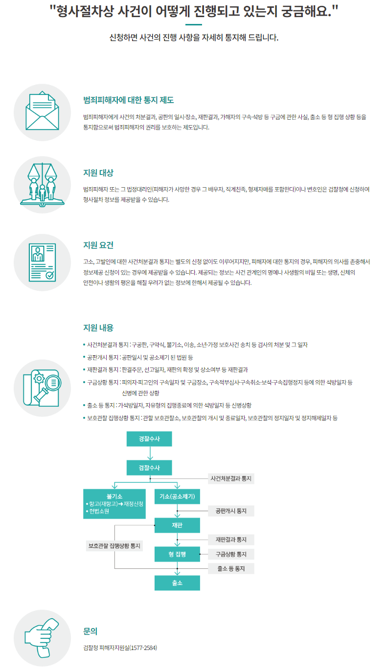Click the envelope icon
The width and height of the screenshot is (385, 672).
click(43, 112)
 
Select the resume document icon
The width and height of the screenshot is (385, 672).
click(43, 262)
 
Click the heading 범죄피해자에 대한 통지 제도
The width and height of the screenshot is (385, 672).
click(129, 100)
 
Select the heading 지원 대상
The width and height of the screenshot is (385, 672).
click(98, 173)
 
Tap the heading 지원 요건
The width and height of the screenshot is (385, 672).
click(98, 244)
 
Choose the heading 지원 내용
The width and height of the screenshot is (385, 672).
click(98, 327)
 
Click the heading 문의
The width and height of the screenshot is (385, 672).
click(91, 631)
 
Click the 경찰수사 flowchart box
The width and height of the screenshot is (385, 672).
click(149, 439)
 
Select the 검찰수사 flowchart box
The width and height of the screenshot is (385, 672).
click(149, 468)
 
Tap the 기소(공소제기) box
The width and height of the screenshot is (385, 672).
click(177, 497)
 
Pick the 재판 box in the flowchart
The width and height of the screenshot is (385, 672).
click(177, 525)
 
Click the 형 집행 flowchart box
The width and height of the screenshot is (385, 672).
click(177, 554)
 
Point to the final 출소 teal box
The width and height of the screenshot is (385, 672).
click(177, 583)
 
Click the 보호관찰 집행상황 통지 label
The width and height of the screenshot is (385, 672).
click(114, 545)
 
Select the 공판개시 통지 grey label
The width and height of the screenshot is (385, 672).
click(231, 511)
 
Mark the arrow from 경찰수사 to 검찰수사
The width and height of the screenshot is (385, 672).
click(149, 454)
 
